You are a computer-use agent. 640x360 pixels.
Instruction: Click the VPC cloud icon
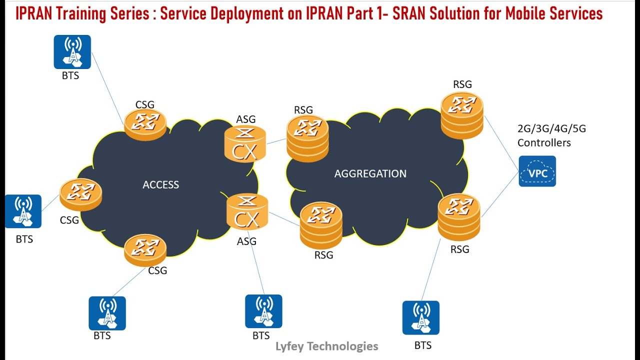click(x=537, y=171)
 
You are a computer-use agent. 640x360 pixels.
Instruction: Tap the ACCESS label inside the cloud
click(x=160, y=185)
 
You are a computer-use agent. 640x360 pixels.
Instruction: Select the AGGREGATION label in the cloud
click(x=370, y=174)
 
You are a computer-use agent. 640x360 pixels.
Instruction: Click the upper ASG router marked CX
click(x=245, y=144)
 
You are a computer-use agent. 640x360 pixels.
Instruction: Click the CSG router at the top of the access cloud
click(x=145, y=123)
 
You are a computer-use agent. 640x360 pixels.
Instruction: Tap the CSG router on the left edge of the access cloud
click(x=80, y=194)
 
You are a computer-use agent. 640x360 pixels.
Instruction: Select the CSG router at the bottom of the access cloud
click(x=145, y=249)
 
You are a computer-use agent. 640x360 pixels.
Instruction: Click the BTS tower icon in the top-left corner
click(x=72, y=51)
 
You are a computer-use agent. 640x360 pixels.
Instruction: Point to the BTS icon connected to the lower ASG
click(x=263, y=311)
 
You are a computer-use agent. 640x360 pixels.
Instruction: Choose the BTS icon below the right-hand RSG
click(x=421, y=317)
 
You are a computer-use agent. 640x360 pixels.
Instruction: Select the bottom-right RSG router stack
click(x=458, y=217)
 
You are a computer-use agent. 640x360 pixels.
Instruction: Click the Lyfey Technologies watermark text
click(x=327, y=346)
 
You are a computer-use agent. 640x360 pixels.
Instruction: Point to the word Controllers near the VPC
click(x=544, y=143)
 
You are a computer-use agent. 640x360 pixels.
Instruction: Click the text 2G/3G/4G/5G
click(x=551, y=129)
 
